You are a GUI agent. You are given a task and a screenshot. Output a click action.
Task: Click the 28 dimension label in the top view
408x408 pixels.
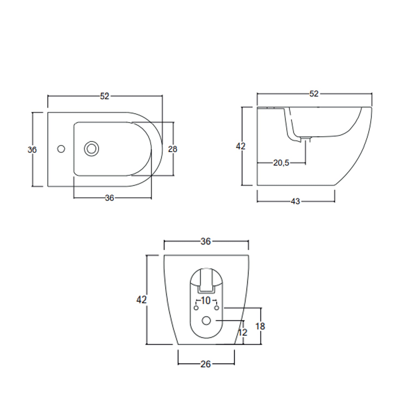click(172, 149)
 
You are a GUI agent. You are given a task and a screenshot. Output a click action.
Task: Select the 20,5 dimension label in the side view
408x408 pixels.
click(281, 163)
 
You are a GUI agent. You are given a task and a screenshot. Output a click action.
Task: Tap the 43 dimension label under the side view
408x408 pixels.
click(295, 201)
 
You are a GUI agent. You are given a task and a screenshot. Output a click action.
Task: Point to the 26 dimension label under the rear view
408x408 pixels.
click(206, 364)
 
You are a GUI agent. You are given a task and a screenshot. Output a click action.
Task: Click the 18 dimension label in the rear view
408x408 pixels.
click(260, 326)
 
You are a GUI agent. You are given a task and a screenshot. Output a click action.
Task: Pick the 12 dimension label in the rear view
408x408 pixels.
click(243, 332)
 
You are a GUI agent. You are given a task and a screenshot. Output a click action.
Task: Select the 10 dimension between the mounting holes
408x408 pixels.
click(206, 301)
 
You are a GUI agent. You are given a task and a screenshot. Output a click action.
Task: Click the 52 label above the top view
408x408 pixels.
click(105, 96)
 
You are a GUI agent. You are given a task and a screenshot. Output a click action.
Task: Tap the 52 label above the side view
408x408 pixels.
click(314, 94)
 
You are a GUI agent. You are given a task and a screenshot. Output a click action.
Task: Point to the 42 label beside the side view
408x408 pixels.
click(240, 146)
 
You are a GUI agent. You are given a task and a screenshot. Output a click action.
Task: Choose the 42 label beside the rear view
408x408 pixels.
click(141, 300)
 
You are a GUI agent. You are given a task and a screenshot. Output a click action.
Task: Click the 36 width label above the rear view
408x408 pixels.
click(206, 241)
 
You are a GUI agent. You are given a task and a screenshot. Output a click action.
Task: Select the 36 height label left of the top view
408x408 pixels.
click(32, 150)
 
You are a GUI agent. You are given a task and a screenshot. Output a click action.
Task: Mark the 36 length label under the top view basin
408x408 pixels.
click(109, 198)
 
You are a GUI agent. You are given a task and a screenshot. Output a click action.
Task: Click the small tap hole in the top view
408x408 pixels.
click(61, 149)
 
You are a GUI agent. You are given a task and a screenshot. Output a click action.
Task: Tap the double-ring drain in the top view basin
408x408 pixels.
click(91, 149)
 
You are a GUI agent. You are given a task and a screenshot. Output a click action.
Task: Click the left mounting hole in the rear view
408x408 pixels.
click(196, 308)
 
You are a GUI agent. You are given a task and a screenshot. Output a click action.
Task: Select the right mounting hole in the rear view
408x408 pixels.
click(217, 308)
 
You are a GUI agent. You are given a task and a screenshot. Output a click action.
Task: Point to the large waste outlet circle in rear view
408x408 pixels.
click(206, 321)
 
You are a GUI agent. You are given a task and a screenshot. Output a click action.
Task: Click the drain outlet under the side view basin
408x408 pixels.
click(306, 139)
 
